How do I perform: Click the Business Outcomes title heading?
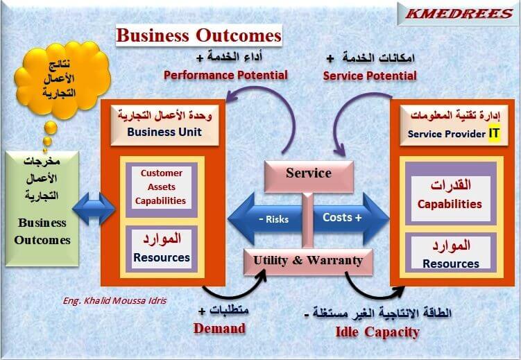[x=198, y=35]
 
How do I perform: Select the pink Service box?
[x=309, y=174]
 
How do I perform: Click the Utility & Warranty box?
[x=308, y=261]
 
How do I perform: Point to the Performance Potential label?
[x=225, y=75]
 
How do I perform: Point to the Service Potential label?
[x=370, y=75]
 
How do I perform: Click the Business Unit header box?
[x=165, y=123]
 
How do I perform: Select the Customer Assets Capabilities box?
[x=162, y=187]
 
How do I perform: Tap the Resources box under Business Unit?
[x=162, y=248]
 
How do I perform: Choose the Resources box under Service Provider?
[x=450, y=255]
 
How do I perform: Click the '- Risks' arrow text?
[x=273, y=219]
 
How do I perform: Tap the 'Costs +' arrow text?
[x=343, y=218]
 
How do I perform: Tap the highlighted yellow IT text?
[x=494, y=133]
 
